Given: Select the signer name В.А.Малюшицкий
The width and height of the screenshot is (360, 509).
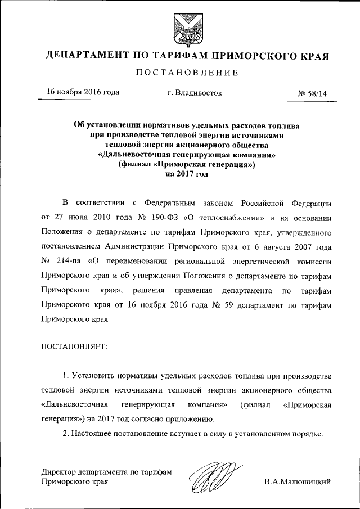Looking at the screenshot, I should coord(298,481).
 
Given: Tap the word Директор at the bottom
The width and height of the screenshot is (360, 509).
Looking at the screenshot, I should coord(60,471).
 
